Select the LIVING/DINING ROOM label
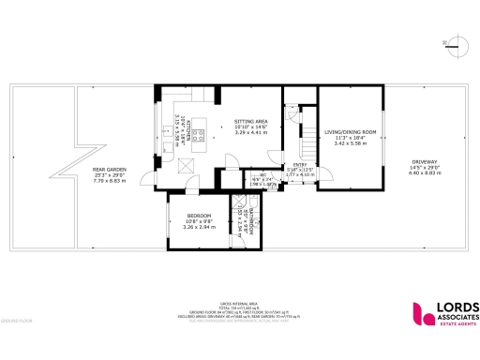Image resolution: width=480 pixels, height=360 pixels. tap(350, 133)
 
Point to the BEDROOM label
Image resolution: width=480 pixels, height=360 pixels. tap(197, 216)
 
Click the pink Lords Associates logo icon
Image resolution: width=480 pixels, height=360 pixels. tap(420, 316)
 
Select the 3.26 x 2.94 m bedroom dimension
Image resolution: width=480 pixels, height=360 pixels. tap(197, 227)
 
